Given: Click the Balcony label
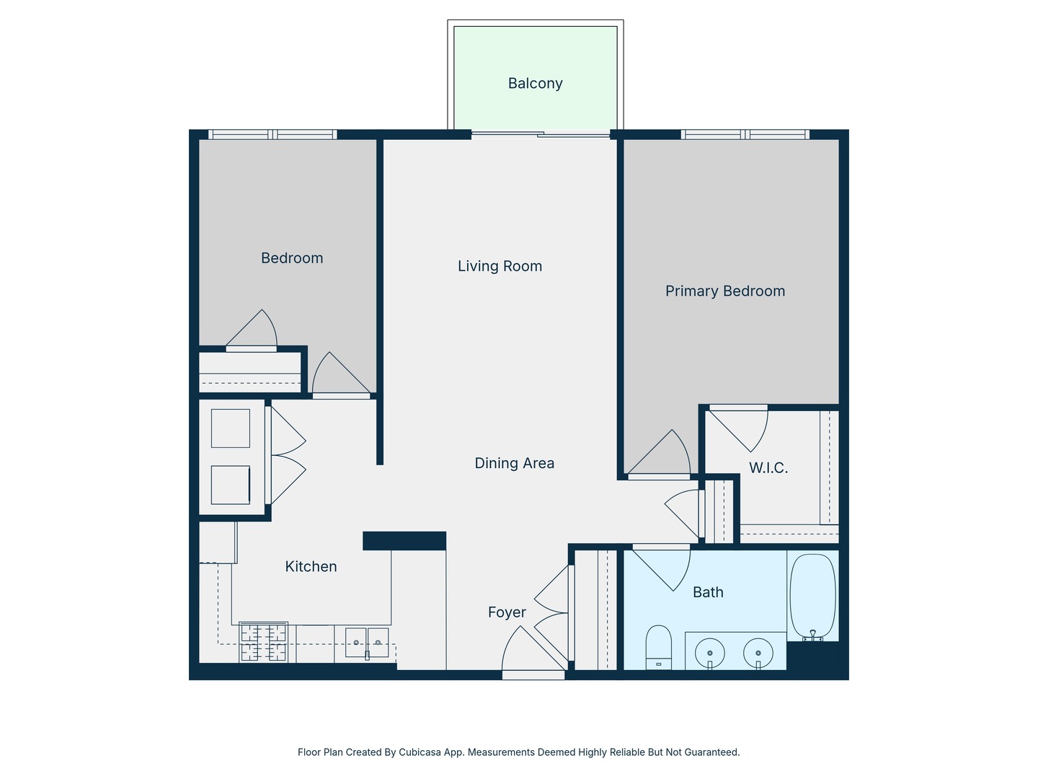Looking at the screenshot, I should tap(535, 84).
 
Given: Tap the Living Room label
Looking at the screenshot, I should tap(500, 266).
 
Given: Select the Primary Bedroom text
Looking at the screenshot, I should tap(724, 291).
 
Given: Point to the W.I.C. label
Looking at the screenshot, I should tap(768, 468).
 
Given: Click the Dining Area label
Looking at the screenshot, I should tap(514, 463).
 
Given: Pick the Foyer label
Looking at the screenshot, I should tap(507, 612).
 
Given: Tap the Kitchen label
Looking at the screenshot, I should tap(311, 567).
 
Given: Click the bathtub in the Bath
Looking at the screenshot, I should tap(812, 597).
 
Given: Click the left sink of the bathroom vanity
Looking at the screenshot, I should tap(710, 653).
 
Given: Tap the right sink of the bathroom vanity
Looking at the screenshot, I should tap(758, 653).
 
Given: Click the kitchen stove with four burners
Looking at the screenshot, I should tap(263, 642).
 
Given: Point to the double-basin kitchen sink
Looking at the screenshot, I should tap(367, 643).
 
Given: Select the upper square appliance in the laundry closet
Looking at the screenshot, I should tap(231, 428).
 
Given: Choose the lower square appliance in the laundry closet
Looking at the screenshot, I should tap(231, 485).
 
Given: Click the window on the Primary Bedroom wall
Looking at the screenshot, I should tap(745, 134).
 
